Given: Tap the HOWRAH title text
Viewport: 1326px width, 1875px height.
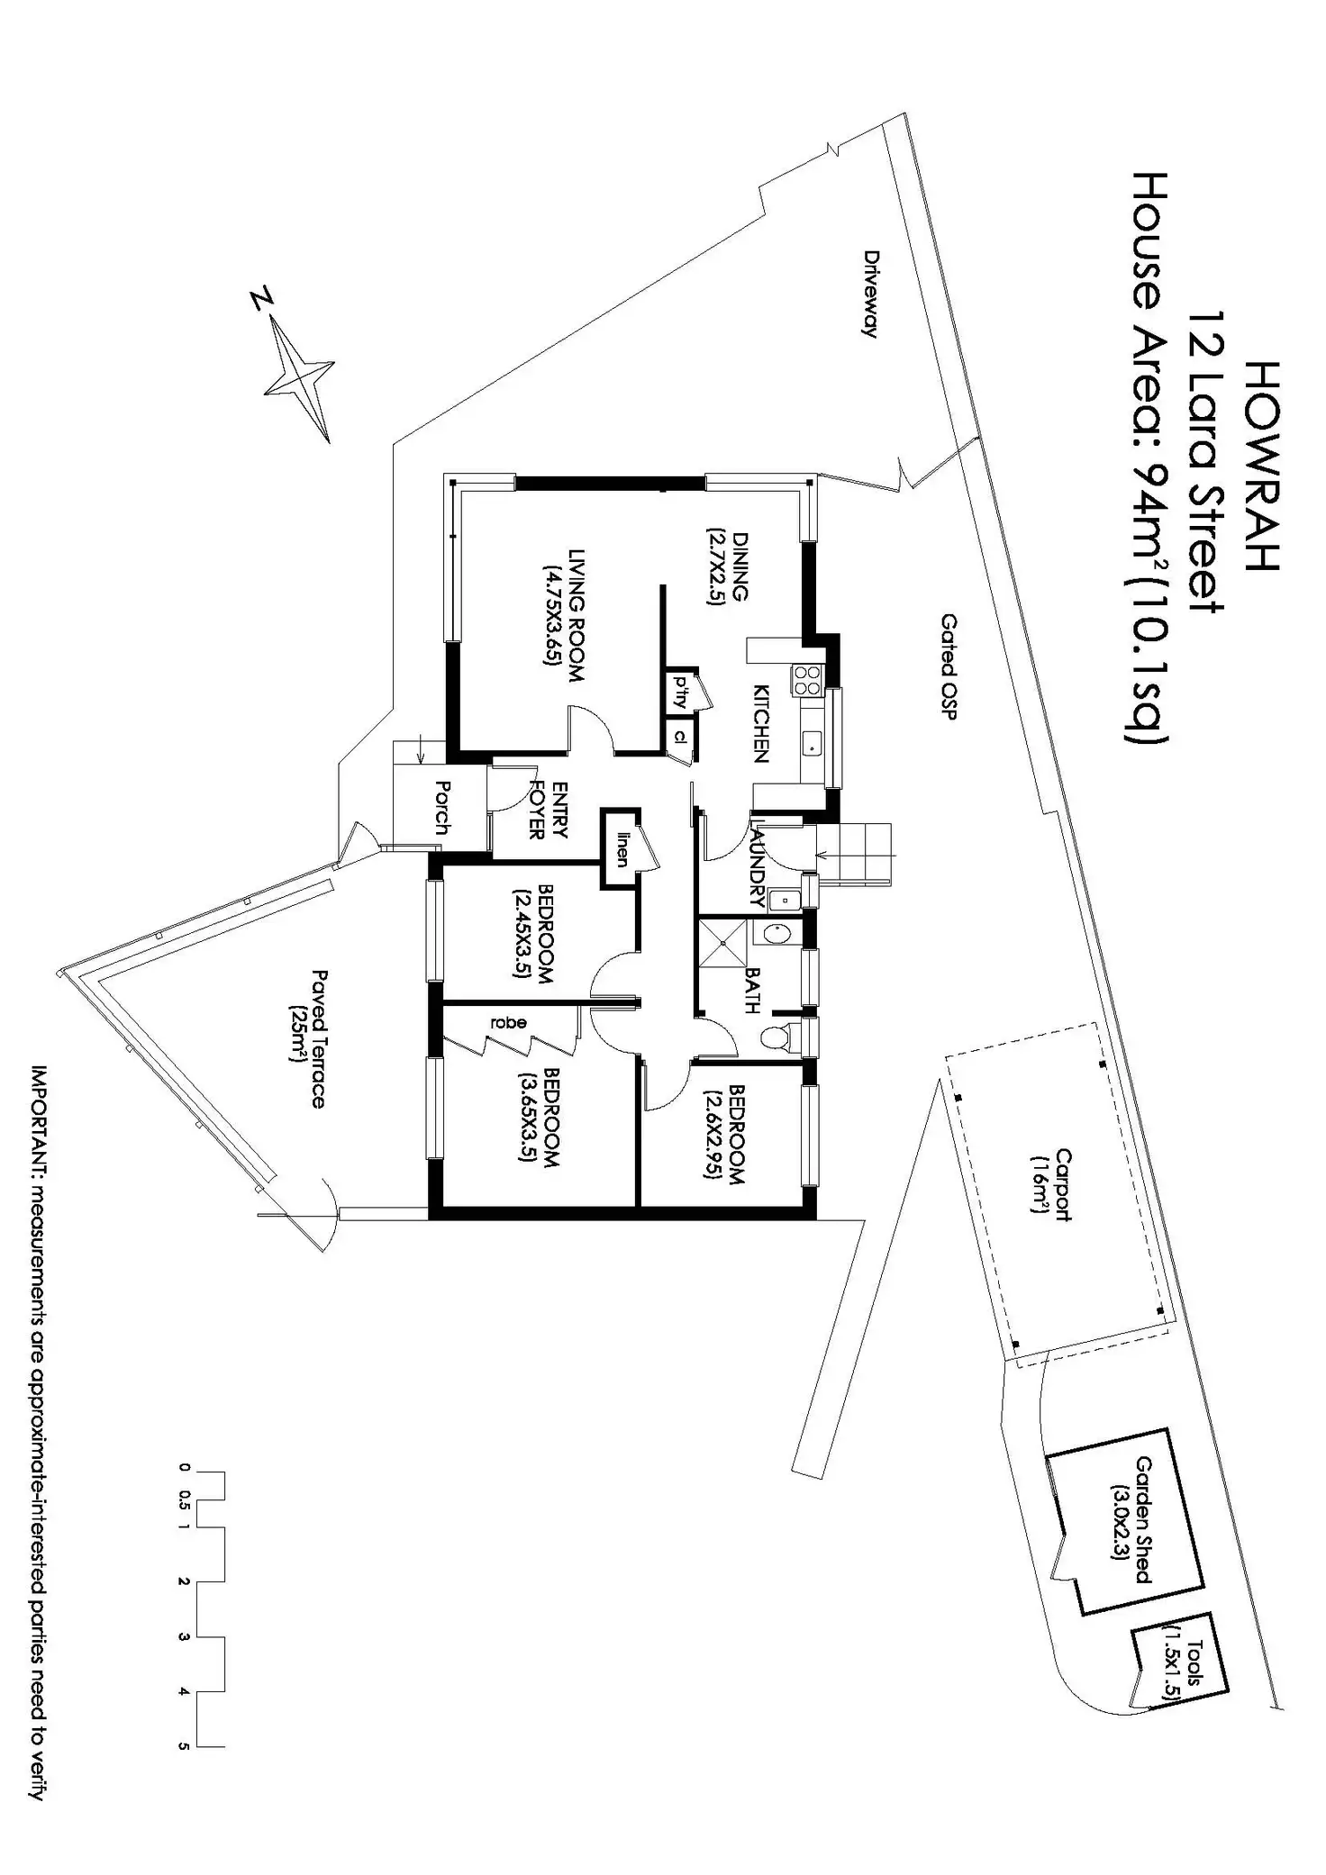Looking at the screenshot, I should [1265, 466].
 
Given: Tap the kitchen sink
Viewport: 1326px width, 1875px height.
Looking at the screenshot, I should [813, 744].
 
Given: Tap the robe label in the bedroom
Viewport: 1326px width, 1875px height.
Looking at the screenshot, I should [508, 1022].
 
